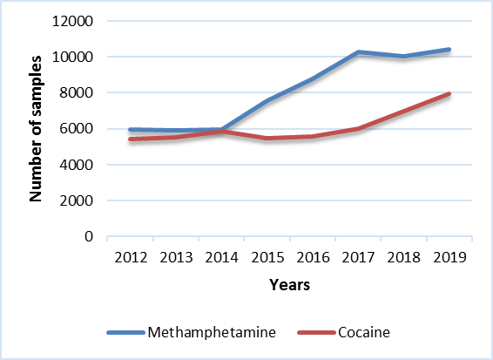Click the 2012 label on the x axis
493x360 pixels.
130,257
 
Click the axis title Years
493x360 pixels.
289,285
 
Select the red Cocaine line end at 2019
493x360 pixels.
449,94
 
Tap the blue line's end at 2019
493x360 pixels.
449,50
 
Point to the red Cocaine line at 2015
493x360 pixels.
265,139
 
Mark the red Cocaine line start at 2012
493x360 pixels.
130,139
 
